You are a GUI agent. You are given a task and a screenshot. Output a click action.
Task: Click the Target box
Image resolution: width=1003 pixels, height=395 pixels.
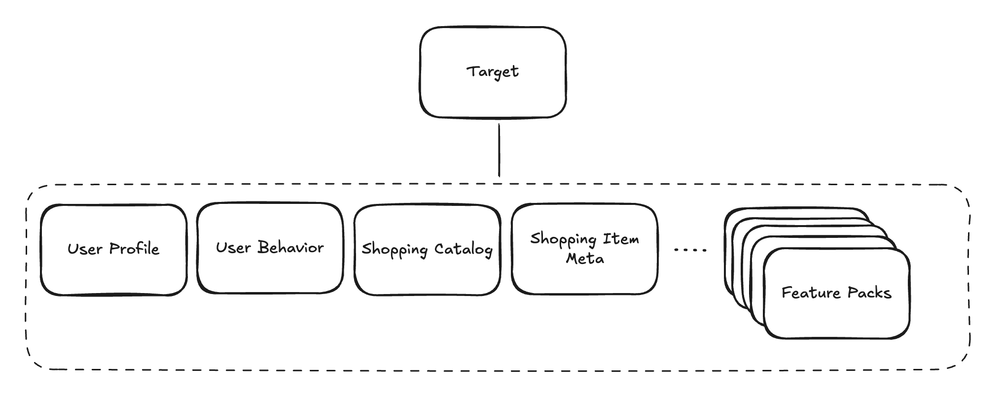pos(493,72)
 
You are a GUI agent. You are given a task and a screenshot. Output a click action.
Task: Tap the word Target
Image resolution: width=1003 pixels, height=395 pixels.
pos(493,72)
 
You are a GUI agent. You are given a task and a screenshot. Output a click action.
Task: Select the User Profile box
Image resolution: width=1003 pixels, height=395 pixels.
pos(114,250)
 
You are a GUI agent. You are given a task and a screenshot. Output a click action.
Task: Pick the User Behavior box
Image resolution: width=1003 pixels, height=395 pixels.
pos(270,248)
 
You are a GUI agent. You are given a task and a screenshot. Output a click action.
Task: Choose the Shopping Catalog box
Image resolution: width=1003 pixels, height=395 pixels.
pos(428,250)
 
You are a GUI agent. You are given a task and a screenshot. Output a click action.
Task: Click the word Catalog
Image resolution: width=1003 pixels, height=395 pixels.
pos(464,249)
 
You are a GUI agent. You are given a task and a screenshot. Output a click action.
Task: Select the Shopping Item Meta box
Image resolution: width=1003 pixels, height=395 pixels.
pos(585,249)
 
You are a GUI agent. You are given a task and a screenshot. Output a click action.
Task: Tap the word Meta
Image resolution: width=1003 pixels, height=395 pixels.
pos(585,258)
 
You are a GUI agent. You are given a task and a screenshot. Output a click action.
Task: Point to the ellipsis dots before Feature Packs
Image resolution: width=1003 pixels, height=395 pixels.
pos(690,250)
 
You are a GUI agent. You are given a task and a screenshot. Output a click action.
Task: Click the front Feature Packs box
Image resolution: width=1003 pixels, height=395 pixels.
pos(837,293)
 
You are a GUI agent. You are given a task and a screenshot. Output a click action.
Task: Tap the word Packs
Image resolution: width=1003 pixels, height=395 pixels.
pos(870,293)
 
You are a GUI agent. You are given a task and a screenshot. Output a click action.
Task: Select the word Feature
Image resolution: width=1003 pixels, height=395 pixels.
pos(811,293)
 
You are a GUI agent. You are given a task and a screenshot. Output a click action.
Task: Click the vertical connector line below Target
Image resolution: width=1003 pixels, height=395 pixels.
pos(499,150)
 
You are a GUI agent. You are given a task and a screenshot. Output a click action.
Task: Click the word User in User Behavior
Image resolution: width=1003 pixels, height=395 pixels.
pos(234,247)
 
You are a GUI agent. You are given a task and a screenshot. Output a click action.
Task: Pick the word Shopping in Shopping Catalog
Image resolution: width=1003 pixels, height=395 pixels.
pos(394,250)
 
